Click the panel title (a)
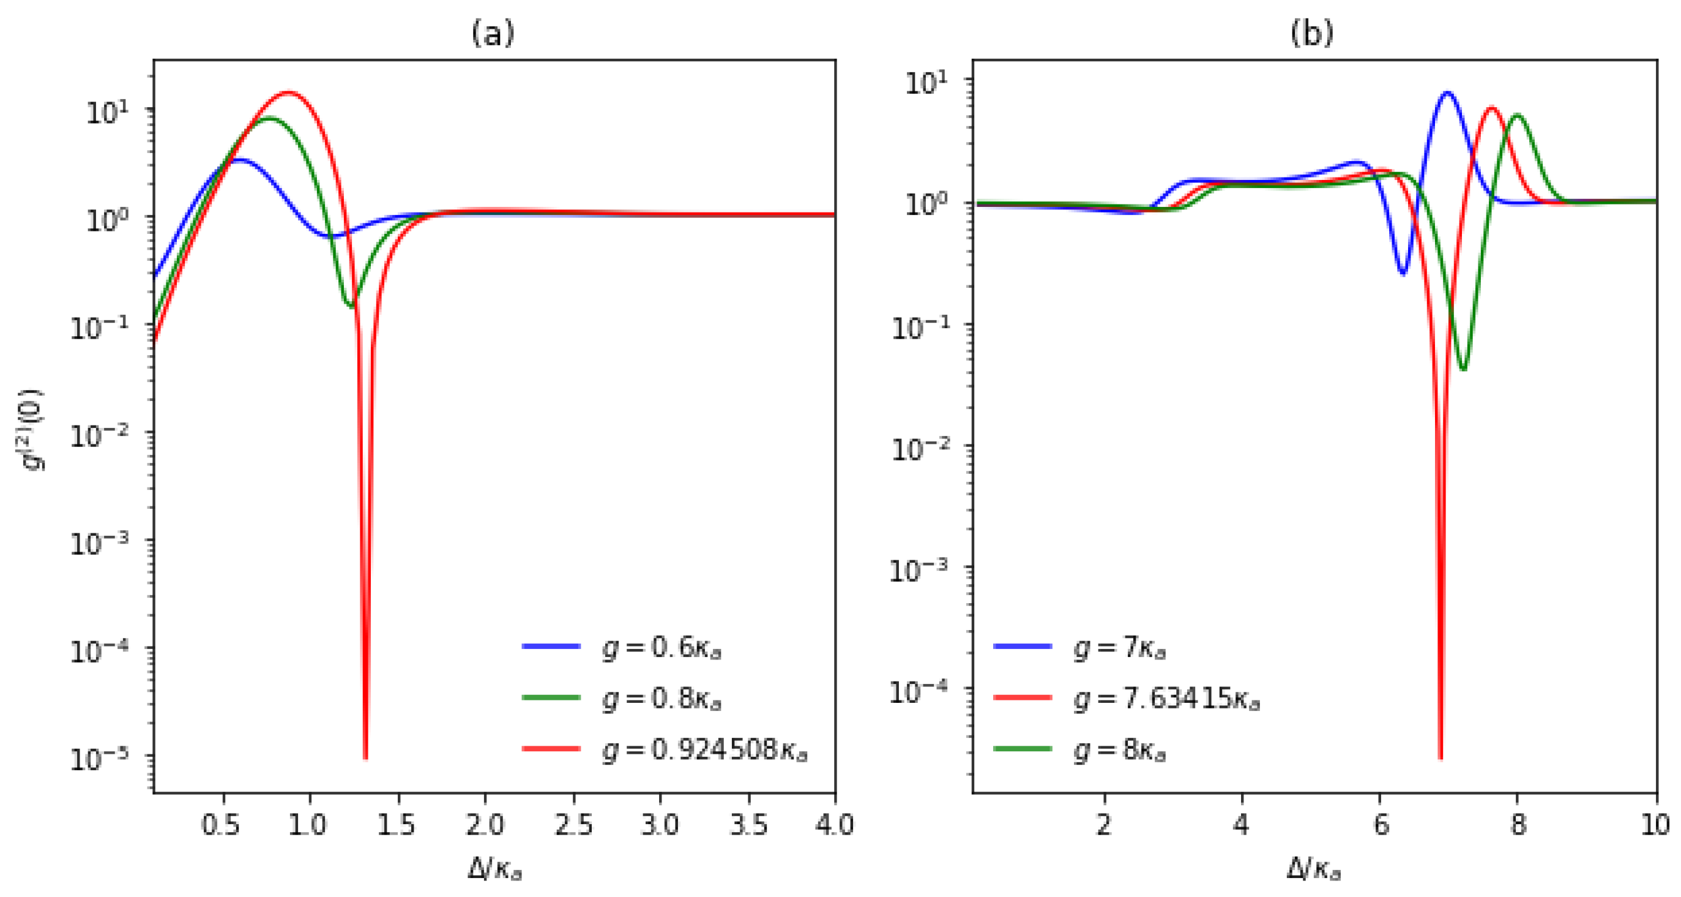coord(493,32)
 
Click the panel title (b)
coord(1311,32)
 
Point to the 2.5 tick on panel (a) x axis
coord(573,825)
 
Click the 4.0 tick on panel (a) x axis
coord(834,825)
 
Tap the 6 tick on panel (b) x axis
coord(1379,825)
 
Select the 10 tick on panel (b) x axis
coord(1655,825)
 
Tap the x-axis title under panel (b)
coord(1313,868)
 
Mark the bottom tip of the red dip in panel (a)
coord(365,757)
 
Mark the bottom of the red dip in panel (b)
coord(1441,757)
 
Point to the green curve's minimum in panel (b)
coord(1464,369)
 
